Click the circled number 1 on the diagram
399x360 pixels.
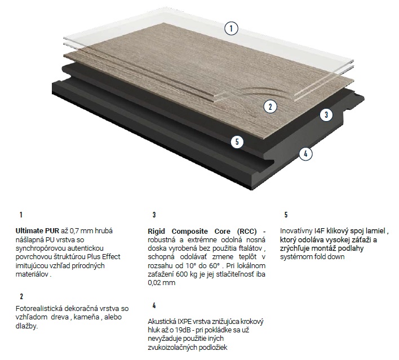[x=231, y=28]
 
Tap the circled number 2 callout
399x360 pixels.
[x=271, y=106]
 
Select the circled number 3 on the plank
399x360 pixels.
[x=326, y=115]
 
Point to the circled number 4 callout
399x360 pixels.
[x=305, y=154]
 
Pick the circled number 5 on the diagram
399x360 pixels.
[x=237, y=142]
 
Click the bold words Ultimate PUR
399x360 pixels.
[x=37, y=231]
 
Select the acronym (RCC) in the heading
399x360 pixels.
[x=247, y=232]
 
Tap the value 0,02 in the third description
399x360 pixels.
[x=155, y=283]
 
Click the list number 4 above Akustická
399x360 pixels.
[x=154, y=305]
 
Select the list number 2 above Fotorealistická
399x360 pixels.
[x=21, y=296]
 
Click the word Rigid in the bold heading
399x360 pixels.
[x=156, y=232]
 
